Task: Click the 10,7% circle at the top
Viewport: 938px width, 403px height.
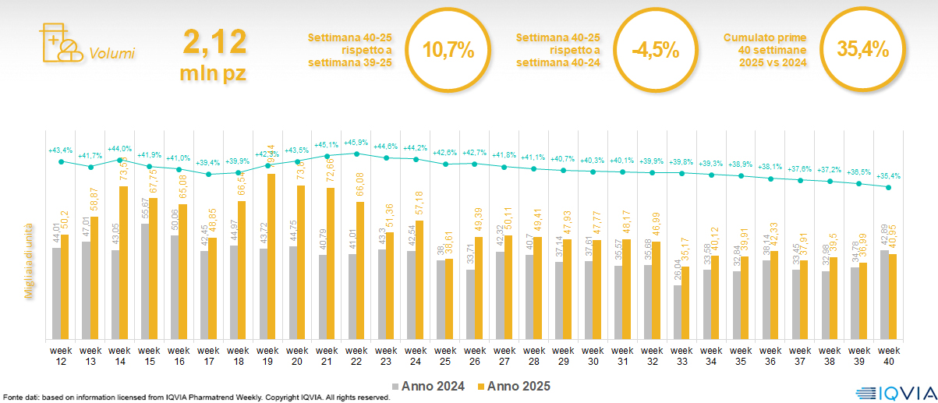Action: click(x=448, y=50)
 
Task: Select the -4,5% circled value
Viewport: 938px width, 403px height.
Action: click(x=656, y=50)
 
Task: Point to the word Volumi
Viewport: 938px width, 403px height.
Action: click(x=111, y=54)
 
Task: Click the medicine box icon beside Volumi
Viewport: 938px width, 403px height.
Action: click(x=58, y=44)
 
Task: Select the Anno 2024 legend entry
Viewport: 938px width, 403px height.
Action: click(x=430, y=386)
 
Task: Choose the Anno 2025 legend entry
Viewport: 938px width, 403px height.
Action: click(x=515, y=386)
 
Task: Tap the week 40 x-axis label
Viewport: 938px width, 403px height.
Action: click(x=888, y=355)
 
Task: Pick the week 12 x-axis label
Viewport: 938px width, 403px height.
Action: click(x=61, y=355)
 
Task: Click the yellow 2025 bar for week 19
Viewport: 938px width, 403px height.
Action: click(x=271, y=256)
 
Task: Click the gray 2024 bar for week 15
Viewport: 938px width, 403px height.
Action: click(x=145, y=281)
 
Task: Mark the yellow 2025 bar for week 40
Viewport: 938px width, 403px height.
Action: click(x=894, y=296)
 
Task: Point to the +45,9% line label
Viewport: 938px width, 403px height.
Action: click(x=356, y=143)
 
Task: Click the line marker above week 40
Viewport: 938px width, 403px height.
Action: click(x=889, y=188)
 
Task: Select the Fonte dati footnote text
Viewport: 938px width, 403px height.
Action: click(x=195, y=398)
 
